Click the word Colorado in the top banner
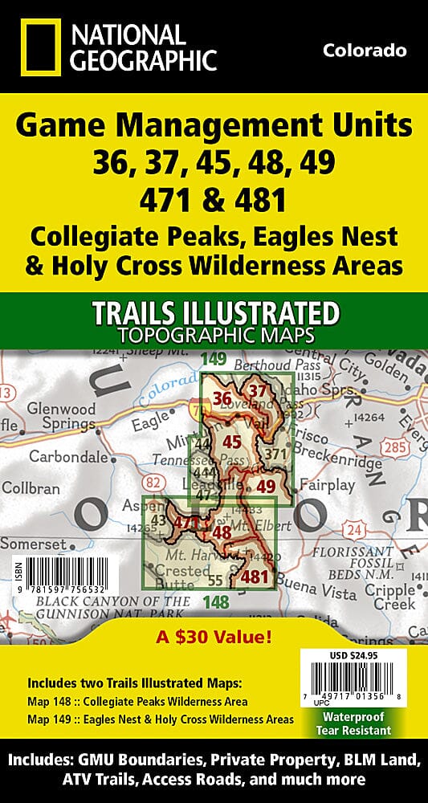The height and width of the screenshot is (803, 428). coord(364,51)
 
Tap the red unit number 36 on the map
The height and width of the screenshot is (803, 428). coord(222,399)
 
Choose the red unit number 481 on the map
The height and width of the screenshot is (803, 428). coord(255,576)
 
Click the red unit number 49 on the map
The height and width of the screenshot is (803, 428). coord(266,486)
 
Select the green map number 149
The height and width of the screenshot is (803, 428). coord(214,359)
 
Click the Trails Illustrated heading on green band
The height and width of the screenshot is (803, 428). coord(214,312)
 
